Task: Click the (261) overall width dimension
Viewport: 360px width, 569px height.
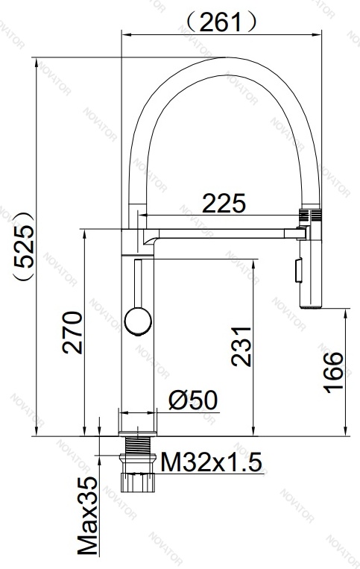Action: point(222,22)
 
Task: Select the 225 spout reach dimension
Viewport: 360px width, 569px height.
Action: point(224,203)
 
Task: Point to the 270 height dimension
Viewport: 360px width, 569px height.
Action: point(72,332)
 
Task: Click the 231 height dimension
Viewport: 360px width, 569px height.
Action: point(241,347)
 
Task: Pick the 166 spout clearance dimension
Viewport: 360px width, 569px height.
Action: point(333,373)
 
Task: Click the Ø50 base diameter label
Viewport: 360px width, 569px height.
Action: point(193,400)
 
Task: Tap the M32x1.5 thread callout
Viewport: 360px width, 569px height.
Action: point(211,462)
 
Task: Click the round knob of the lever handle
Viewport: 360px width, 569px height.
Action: point(138,321)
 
